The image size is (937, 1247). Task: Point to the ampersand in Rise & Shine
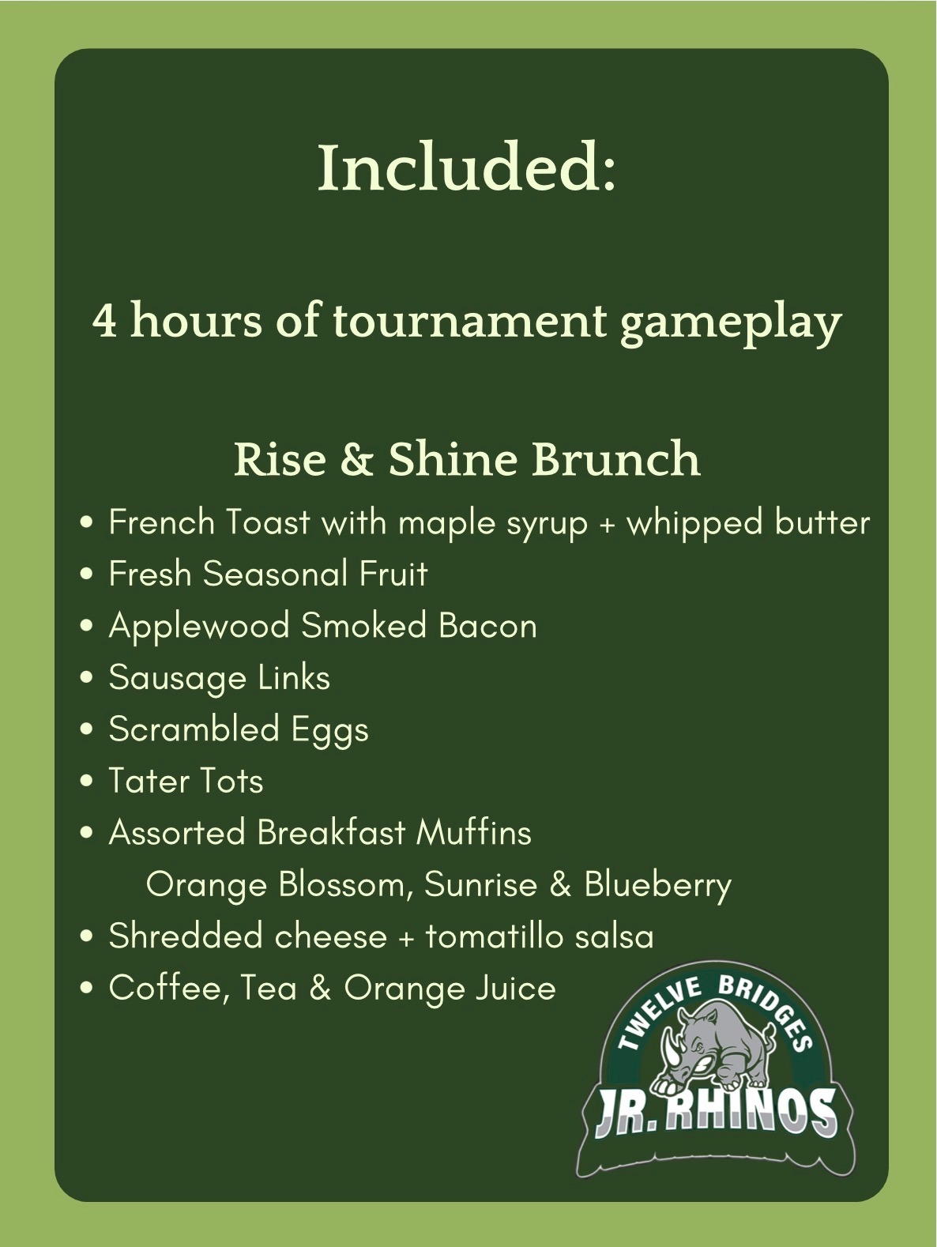(x=356, y=459)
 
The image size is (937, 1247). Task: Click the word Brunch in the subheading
(x=615, y=458)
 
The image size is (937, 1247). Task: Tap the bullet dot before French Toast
(x=87, y=522)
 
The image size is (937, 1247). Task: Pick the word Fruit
(x=393, y=573)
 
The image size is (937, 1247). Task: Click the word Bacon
(x=487, y=626)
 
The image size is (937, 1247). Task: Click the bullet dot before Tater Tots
(x=87, y=781)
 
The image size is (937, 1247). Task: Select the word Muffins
(x=473, y=832)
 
